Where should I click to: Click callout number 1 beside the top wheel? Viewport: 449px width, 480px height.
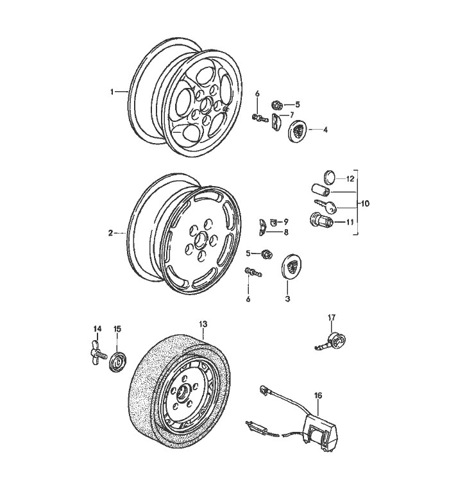point(112,92)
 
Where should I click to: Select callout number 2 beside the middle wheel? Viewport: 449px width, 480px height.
point(111,233)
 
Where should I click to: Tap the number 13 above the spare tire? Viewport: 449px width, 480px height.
point(203,323)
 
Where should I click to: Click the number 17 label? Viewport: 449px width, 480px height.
point(332,317)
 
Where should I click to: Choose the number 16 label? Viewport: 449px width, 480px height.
point(318,395)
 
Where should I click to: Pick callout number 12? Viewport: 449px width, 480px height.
point(350,178)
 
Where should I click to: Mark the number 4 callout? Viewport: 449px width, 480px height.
point(325,130)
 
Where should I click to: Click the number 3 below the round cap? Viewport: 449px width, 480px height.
point(287,298)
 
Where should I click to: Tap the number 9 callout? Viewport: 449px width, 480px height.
point(285,221)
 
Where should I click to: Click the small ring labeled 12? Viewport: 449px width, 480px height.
point(328,178)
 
